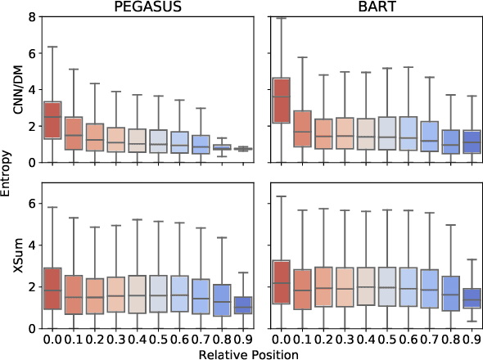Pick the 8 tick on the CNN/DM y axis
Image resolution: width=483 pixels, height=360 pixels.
[x=30, y=16]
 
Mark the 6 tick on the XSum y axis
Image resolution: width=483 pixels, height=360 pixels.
[x=30, y=202]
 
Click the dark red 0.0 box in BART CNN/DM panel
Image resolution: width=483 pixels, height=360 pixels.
[x=282, y=100]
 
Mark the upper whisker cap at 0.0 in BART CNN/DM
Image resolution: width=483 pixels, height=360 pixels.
[x=282, y=18]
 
